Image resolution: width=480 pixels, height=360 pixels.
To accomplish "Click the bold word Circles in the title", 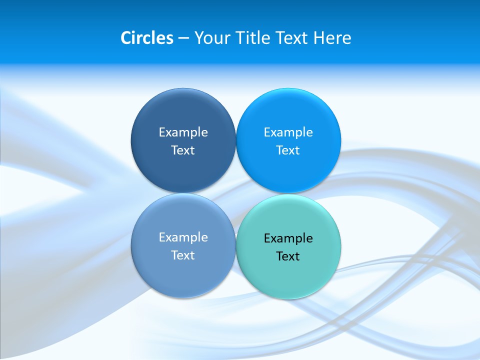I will point(147,38).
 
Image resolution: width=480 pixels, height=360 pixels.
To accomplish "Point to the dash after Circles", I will point(183,38).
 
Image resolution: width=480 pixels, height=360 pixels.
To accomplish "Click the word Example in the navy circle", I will point(183,132).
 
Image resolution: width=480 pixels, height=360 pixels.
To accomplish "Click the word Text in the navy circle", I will point(183,150).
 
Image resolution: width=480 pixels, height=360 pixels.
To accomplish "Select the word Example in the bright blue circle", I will point(288,132).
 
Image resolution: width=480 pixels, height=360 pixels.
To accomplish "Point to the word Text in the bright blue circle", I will point(288,150).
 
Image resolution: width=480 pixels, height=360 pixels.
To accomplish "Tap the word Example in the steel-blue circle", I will point(183,237).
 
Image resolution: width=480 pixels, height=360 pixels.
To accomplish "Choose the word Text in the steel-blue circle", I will point(183,255).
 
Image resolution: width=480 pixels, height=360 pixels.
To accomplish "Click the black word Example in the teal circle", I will point(288,238).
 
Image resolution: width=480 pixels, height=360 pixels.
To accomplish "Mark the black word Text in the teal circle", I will point(288,256).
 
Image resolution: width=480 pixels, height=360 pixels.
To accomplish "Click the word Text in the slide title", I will point(292,38).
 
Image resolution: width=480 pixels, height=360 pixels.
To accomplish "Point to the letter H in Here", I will point(319,38).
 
